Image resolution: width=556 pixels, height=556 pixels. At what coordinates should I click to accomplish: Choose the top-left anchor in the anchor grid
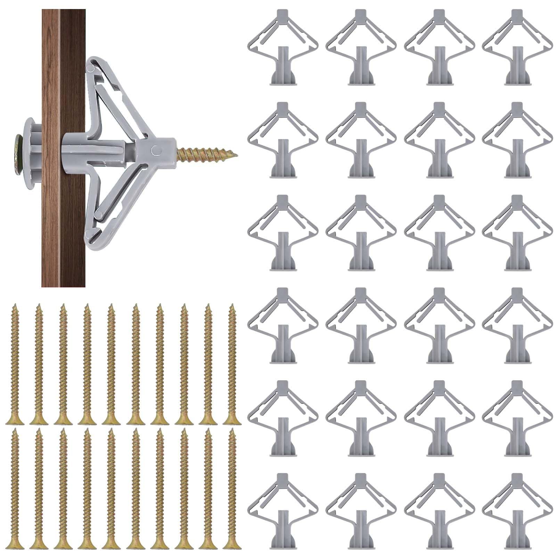point(283,47)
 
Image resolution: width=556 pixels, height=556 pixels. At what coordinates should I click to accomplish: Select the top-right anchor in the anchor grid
point(517,47)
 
